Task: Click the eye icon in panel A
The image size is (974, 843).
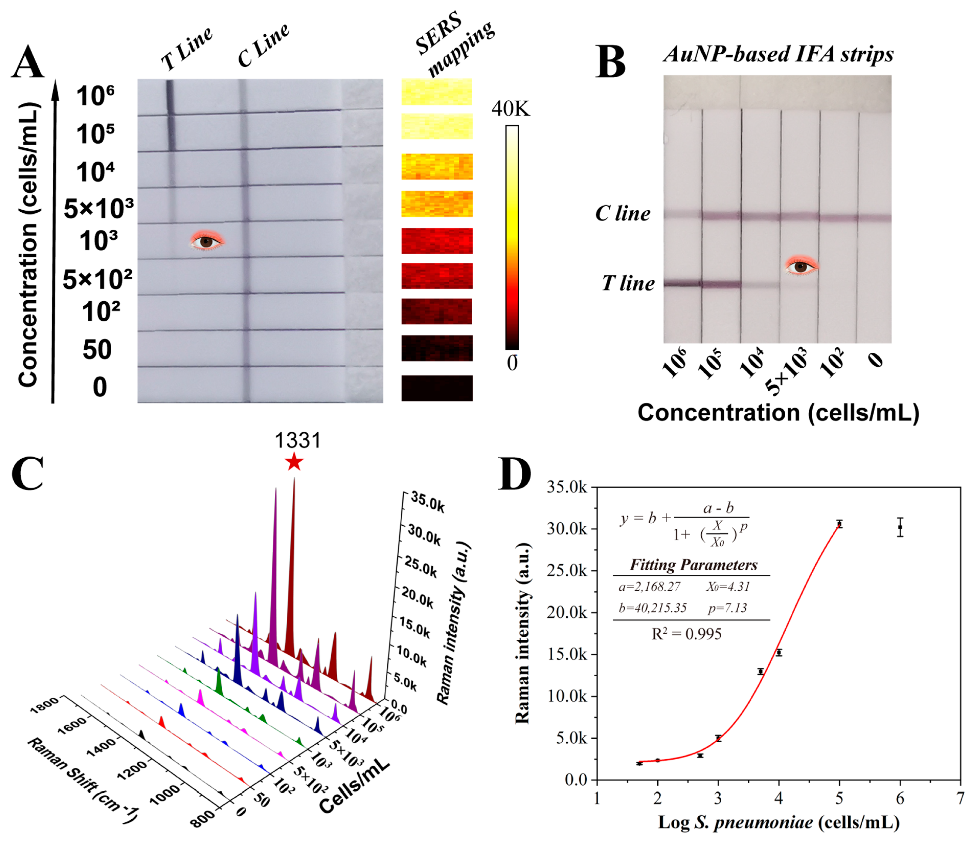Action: (x=207, y=241)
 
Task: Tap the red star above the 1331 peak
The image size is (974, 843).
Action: (x=294, y=462)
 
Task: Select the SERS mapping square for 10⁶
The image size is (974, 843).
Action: (x=436, y=92)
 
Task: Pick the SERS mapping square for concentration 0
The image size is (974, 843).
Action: (x=436, y=388)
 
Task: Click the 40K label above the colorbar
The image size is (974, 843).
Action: (x=510, y=109)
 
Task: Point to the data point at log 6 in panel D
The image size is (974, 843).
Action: (x=900, y=527)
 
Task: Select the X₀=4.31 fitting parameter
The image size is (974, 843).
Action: (x=728, y=587)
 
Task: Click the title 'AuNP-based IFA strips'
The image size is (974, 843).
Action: (x=778, y=54)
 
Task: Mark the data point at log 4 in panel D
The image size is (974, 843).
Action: (x=779, y=652)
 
